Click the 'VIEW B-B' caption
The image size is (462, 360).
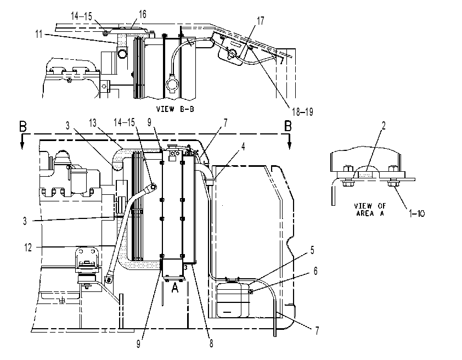point(175,109)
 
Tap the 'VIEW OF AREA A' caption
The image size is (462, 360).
point(370,210)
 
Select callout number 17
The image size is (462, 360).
point(261,21)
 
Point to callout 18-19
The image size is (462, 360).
point(302,111)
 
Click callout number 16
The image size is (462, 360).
point(142,14)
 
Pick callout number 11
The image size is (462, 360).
point(39,34)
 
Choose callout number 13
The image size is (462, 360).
point(93,123)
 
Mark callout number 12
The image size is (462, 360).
point(27,248)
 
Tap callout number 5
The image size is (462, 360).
point(312,250)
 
